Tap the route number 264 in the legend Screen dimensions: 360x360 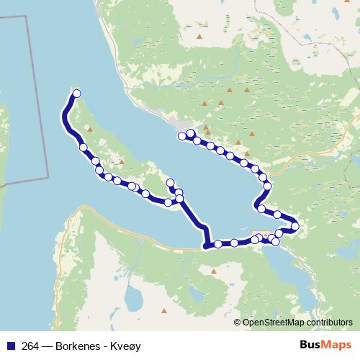31,346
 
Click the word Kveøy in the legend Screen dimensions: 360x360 126,346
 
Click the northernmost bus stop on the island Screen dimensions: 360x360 76,94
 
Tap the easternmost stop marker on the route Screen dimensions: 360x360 295,228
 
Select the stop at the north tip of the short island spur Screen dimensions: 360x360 170,182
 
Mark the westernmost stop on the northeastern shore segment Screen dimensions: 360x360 181,136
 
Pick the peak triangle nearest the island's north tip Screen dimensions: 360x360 89,130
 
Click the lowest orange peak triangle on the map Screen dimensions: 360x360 164,311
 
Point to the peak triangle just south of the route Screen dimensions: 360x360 214,271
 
